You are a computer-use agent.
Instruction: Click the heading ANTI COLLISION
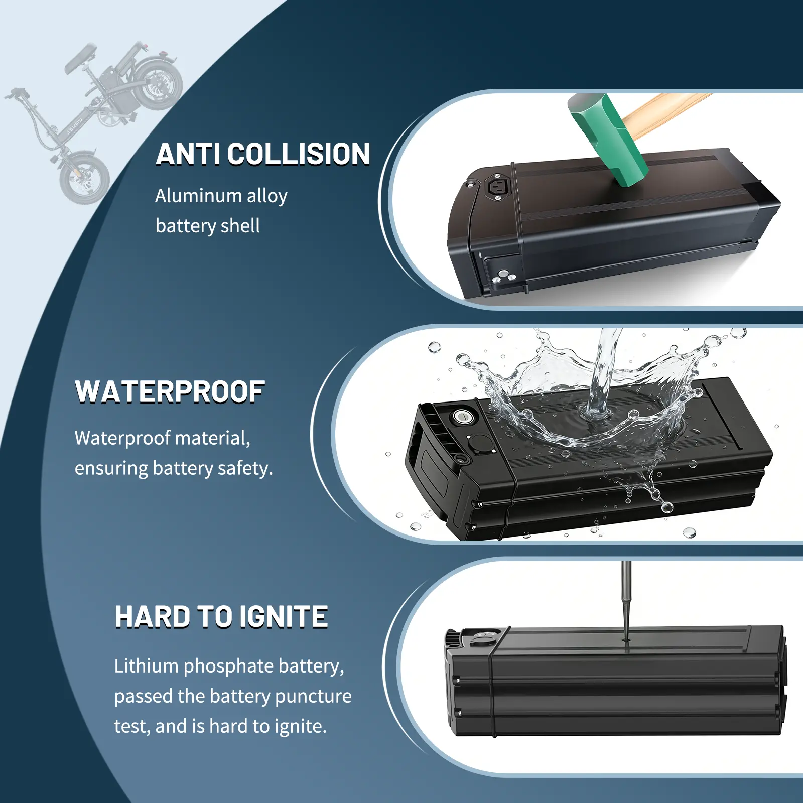pyautogui.click(x=263, y=154)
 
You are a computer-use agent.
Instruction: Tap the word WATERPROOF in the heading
pyautogui.click(x=170, y=392)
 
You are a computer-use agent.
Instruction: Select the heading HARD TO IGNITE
pyautogui.click(x=221, y=617)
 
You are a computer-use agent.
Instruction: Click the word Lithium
pyautogui.click(x=147, y=666)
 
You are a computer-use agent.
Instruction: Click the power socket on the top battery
pyautogui.click(x=498, y=188)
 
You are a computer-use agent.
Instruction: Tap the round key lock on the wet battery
pyautogui.click(x=462, y=417)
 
